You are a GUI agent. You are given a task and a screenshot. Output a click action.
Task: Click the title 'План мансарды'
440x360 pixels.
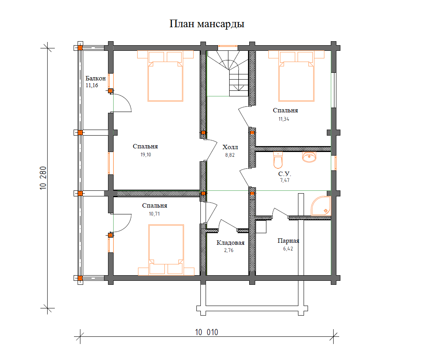tap(207, 24)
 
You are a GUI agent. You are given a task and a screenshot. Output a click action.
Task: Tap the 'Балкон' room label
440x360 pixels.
tap(96, 78)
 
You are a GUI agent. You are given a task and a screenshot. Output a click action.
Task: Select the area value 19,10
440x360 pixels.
tap(146, 155)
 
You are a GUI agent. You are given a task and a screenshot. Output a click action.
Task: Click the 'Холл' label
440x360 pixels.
tap(230, 147)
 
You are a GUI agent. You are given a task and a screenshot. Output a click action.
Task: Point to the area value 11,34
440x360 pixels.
tap(284, 119)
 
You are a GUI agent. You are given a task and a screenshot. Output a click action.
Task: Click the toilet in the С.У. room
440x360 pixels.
tap(278, 160)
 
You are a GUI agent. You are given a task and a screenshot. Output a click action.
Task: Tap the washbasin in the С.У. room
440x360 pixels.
tap(309, 157)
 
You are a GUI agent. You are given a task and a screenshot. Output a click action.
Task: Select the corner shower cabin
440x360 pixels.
tap(321, 206)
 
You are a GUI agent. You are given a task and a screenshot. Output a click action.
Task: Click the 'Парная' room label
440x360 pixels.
tap(288, 241)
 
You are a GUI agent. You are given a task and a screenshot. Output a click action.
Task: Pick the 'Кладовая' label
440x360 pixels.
tap(230, 243)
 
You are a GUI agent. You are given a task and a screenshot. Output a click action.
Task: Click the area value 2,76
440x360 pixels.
tap(229, 250)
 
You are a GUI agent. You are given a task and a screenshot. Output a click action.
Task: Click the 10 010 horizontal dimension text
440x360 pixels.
tap(206, 332)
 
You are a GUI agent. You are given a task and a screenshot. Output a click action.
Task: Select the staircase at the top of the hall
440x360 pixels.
tap(228, 74)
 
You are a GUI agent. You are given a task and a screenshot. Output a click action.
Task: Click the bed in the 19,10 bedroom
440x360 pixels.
tap(165, 76)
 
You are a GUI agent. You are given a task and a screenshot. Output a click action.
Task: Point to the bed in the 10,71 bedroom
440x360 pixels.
tap(166, 250)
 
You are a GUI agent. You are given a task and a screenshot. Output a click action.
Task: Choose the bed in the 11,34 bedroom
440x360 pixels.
tap(296, 76)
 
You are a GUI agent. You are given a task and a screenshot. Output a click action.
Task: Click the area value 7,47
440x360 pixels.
tap(285, 180)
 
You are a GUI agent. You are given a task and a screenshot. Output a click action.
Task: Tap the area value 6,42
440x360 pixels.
tap(288, 249)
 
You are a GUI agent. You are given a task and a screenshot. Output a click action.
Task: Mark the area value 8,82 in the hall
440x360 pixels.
tap(230, 155)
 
